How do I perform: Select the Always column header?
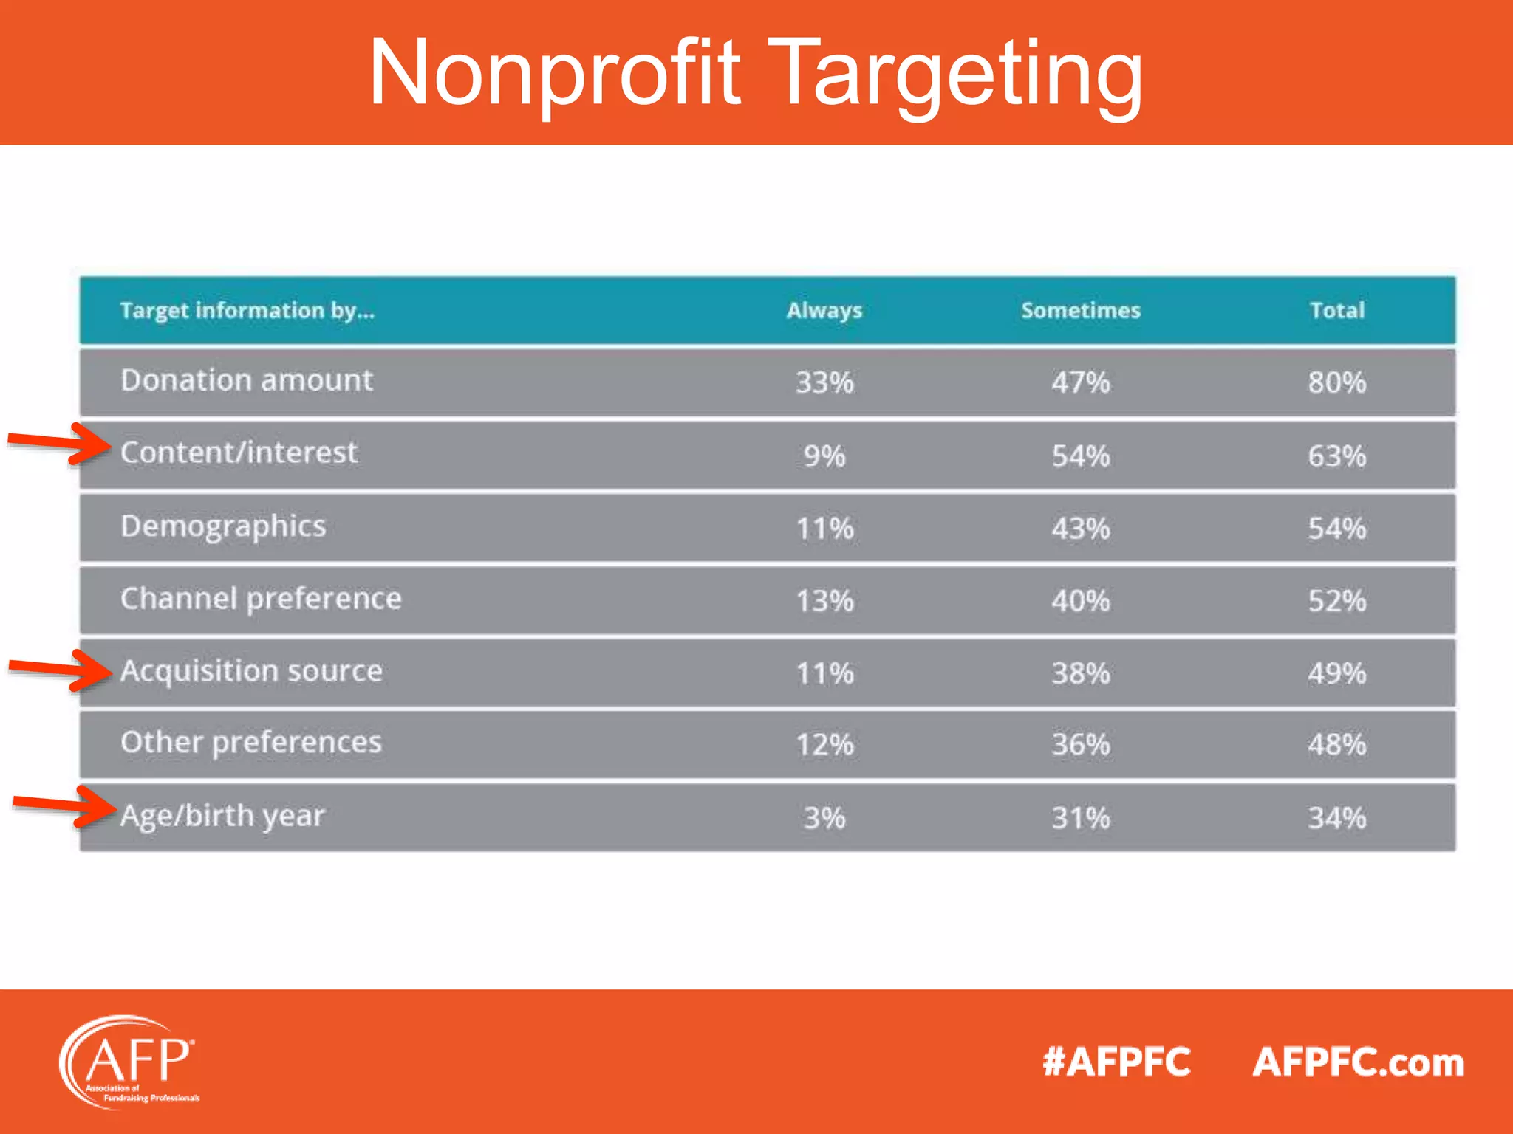click(x=824, y=311)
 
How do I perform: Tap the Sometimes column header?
click(x=1080, y=311)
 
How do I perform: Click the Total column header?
click(x=1336, y=311)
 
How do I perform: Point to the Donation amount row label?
click(x=247, y=380)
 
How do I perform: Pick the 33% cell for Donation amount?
click(x=824, y=382)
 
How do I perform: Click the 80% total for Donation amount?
click(x=1336, y=382)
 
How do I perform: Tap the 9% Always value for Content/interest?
click(x=824, y=456)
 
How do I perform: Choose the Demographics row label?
click(x=223, y=527)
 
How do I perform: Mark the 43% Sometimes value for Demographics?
click(x=1080, y=529)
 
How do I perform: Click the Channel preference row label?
click(x=261, y=599)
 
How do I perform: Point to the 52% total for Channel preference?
click(x=1336, y=601)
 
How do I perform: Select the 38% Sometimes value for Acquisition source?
click(x=1080, y=673)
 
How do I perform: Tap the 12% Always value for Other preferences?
click(x=824, y=744)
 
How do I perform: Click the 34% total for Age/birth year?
click(x=1336, y=818)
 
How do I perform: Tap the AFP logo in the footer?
click(x=129, y=1062)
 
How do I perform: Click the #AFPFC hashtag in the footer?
click(x=1116, y=1062)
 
